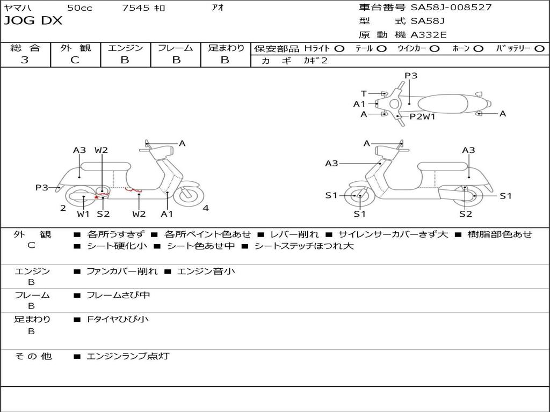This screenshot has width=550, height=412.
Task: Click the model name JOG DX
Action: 33,21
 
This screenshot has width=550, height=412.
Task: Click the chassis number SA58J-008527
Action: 451,8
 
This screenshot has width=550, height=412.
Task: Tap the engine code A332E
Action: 429,35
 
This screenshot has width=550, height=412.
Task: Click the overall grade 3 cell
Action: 25,60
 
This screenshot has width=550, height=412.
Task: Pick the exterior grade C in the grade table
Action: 75,60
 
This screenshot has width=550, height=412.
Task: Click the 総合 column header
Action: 25,48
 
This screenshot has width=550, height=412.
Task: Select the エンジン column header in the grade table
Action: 125,48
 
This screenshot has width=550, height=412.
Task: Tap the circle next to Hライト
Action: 339,49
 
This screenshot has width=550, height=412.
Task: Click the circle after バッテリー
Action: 539,49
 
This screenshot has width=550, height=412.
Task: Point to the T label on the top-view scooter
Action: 364,93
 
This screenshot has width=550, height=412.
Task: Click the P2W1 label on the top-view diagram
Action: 422,116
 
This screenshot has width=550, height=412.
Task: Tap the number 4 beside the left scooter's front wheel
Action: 206,208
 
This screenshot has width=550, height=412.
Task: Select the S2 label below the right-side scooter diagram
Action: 465,214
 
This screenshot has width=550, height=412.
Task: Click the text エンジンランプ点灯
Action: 128,356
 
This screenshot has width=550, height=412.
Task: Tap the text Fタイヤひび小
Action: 118,319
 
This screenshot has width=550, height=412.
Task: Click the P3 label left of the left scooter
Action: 42,187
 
